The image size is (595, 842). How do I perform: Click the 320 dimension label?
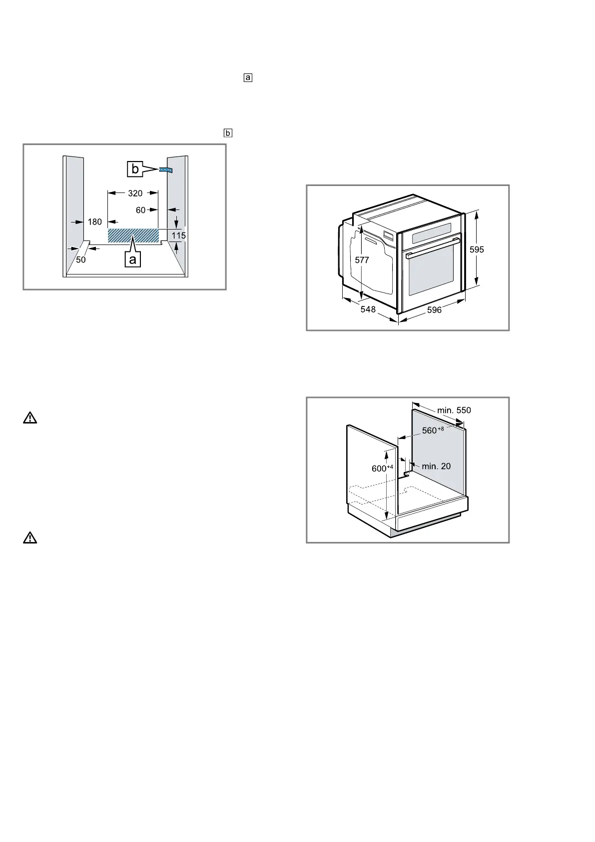(x=135, y=193)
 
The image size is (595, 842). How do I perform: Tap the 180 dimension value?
(x=94, y=221)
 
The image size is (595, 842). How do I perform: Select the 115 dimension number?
(x=179, y=235)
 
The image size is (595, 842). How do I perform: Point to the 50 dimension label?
(x=81, y=259)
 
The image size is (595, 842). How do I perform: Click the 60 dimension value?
(x=141, y=210)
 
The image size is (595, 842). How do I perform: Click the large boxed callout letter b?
(x=135, y=169)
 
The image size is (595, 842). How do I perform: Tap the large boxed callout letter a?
(x=132, y=259)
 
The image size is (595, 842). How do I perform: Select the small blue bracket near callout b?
(x=166, y=170)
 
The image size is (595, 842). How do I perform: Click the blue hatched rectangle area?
(x=133, y=235)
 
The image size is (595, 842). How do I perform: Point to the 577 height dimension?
(x=362, y=260)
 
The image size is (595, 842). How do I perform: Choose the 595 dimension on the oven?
(x=477, y=249)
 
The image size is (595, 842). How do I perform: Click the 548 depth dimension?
(x=368, y=309)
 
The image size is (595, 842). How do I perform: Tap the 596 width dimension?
(x=434, y=310)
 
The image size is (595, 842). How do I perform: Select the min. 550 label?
(x=454, y=410)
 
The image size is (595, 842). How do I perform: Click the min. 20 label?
(x=436, y=466)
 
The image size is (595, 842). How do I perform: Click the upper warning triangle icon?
(x=30, y=418)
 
